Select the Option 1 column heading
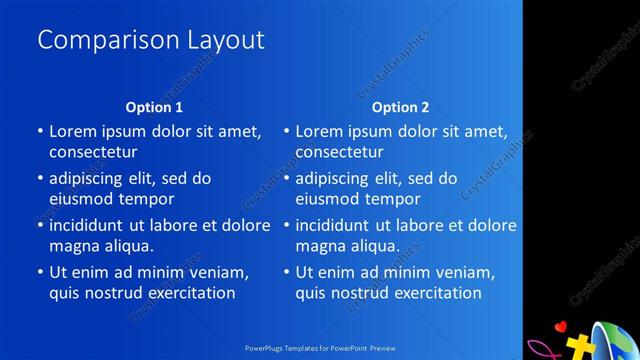(154, 107)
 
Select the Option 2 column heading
(400, 107)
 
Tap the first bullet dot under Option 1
(40, 131)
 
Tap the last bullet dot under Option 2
(286, 272)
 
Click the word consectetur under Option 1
(93, 152)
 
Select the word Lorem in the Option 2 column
(318, 131)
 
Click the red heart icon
(561, 326)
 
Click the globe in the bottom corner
(615, 341)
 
